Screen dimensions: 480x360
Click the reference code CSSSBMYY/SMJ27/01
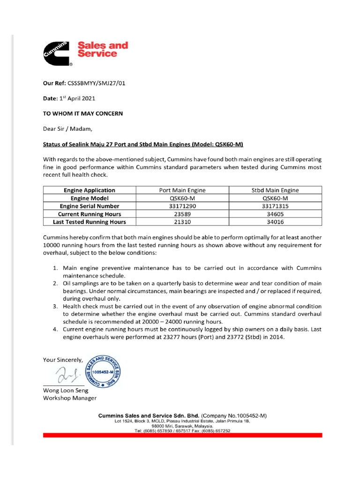click(x=97, y=83)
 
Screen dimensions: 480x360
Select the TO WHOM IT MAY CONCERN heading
click(x=83, y=113)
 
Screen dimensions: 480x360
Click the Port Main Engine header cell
click(x=182, y=190)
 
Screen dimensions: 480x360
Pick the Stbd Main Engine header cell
click(x=275, y=190)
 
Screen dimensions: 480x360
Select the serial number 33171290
click(x=182, y=206)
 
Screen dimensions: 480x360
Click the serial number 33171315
click(x=275, y=206)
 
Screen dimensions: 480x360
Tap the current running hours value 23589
click(x=182, y=214)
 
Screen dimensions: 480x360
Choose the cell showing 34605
click(x=275, y=214)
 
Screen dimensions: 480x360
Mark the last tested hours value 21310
click(x=182, y=222)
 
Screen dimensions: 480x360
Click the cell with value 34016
click(x=275, y=222)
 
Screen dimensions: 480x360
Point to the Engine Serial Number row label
click(x=90, y=206)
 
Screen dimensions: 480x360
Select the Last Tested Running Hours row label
click(x=90, y=222)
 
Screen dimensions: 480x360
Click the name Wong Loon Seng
click(x=66, y=390)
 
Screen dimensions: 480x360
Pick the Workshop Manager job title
click(x=70, y=398)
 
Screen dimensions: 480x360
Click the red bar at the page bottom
click(x=182, y=435)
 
